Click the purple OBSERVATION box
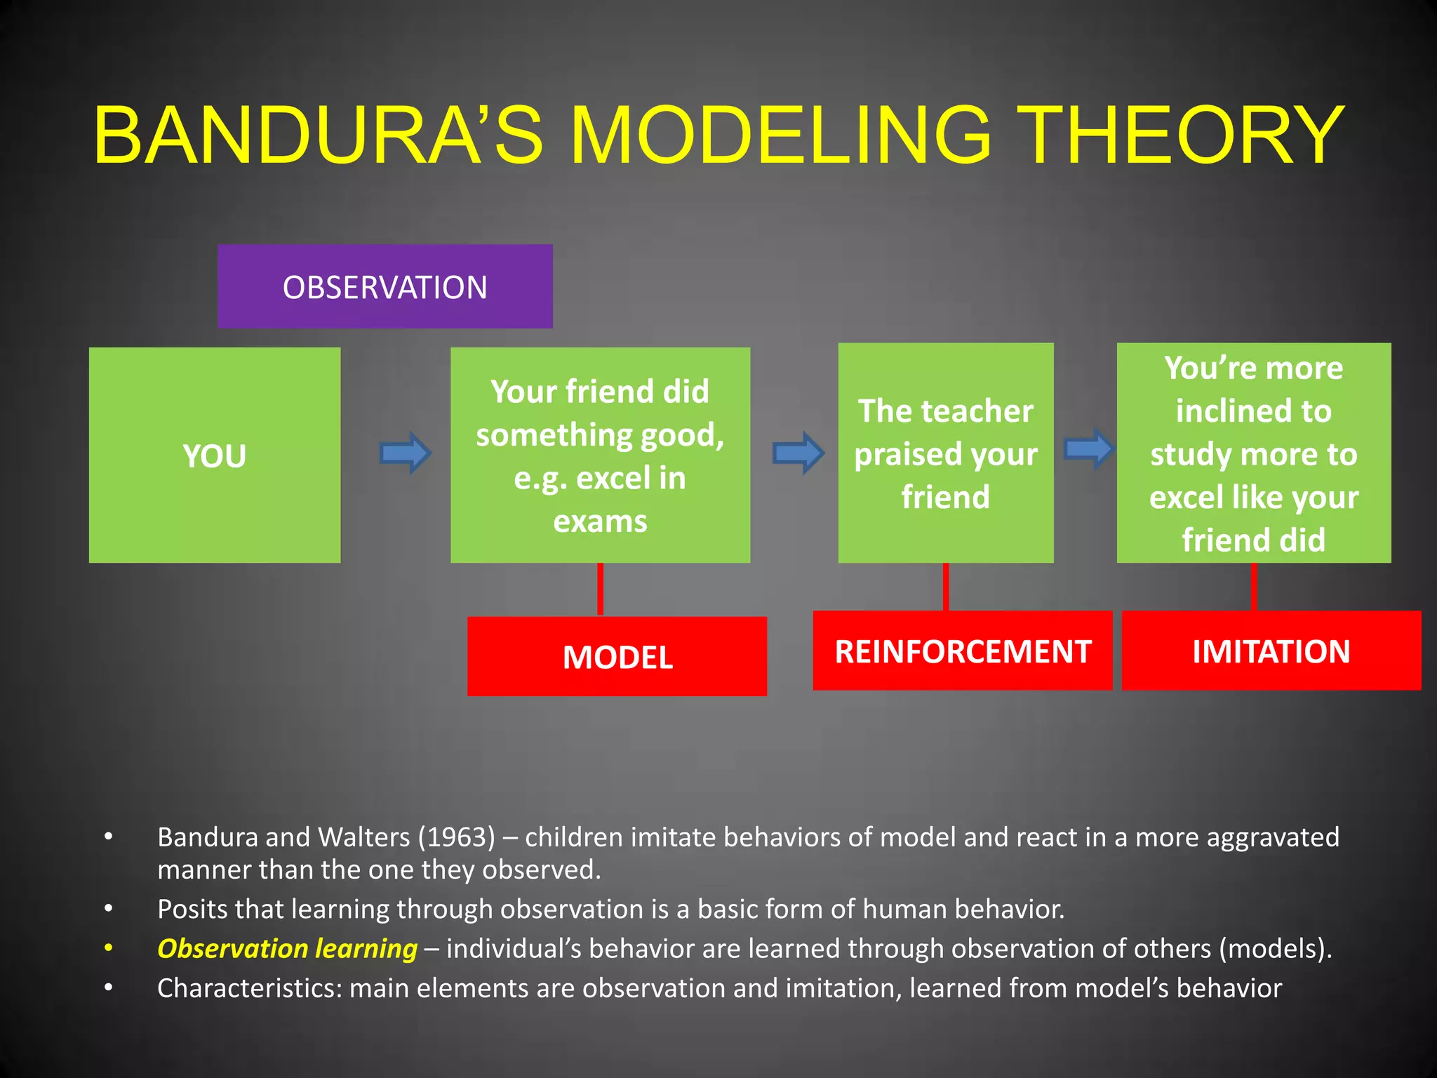pyautogui.click(x=385, y=286)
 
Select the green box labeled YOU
pyautogui.click(x=215, y=455)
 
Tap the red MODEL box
pyautogui.click(x=617, y=656)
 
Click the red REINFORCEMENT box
pyautogui.click(x=962, y=651)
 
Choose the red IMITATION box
pyautogui.click(x=1271, y=651)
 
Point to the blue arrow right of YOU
pyautogui.click(x=406, y=453)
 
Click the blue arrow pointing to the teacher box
pyautogui.click(x=798, y=453)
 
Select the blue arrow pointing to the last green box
pyautogui.click(x=1089, y=448)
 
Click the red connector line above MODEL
pyautogui.click(x=600, y=589)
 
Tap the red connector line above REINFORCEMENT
pyautogui.click(x=946, y=586)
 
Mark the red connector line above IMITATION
pyautogui.click(x=1254, y=586)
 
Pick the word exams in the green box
pyautogui.click(x=600, y=521)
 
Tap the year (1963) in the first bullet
pyautogui.click(x=457, y=837)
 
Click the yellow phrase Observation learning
pyautogui.click(x=287, y=948)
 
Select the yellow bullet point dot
pyautogui.click(x=108, y=948)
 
